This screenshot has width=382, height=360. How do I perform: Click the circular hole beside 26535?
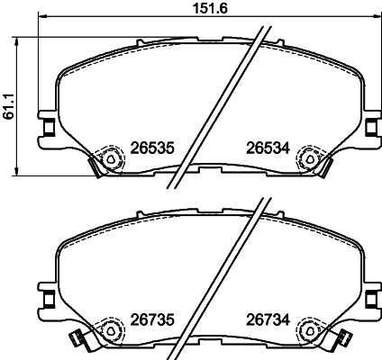pyautogui.click(x=111, y=159)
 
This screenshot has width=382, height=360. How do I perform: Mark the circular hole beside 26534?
pyautogui.click(x=312, y=159)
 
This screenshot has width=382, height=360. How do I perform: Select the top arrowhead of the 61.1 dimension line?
pyautogui.click(x=20, y=39)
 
